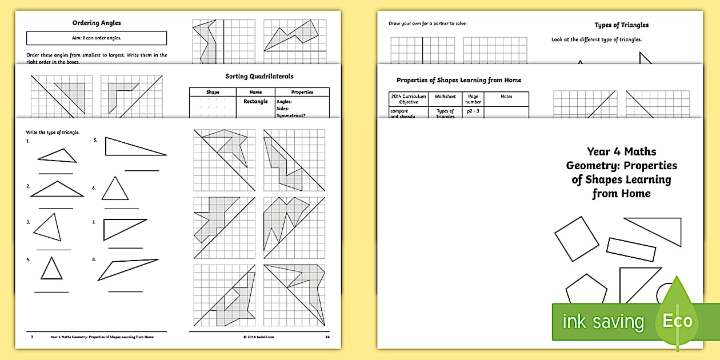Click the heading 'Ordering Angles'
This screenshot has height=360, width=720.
pyautogui.click(x=97, y=23)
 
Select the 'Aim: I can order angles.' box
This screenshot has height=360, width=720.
pyautogui.click(x=97, y=38)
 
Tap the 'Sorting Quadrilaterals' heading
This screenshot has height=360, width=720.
pyautogui.click(x=259, y=76)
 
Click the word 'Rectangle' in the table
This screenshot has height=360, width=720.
pyautogui.click(x=255, y=102)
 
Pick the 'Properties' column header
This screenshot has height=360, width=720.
pyautogui.click(x=302, y=92)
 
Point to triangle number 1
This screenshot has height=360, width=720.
pyautogui.click(x=58, y=155)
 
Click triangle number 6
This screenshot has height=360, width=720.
pyautogui.click(x=115, y=189)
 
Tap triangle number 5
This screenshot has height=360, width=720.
pyautogui.click(x=134, y=147)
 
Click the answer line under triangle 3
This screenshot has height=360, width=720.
pyautogui.click(x=53, y=250)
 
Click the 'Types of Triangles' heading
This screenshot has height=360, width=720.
pyautogui.click(x=621, y=25)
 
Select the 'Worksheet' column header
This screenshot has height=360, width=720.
pyautogui.click(x=445, y=97)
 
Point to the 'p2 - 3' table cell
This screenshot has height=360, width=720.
pyautogui.click(x=474, y=111)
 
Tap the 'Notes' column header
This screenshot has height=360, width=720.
pyautogui.click(x=506, y=97)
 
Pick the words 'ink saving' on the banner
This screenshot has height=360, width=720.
pyautogui.click(x=602, y=322)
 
